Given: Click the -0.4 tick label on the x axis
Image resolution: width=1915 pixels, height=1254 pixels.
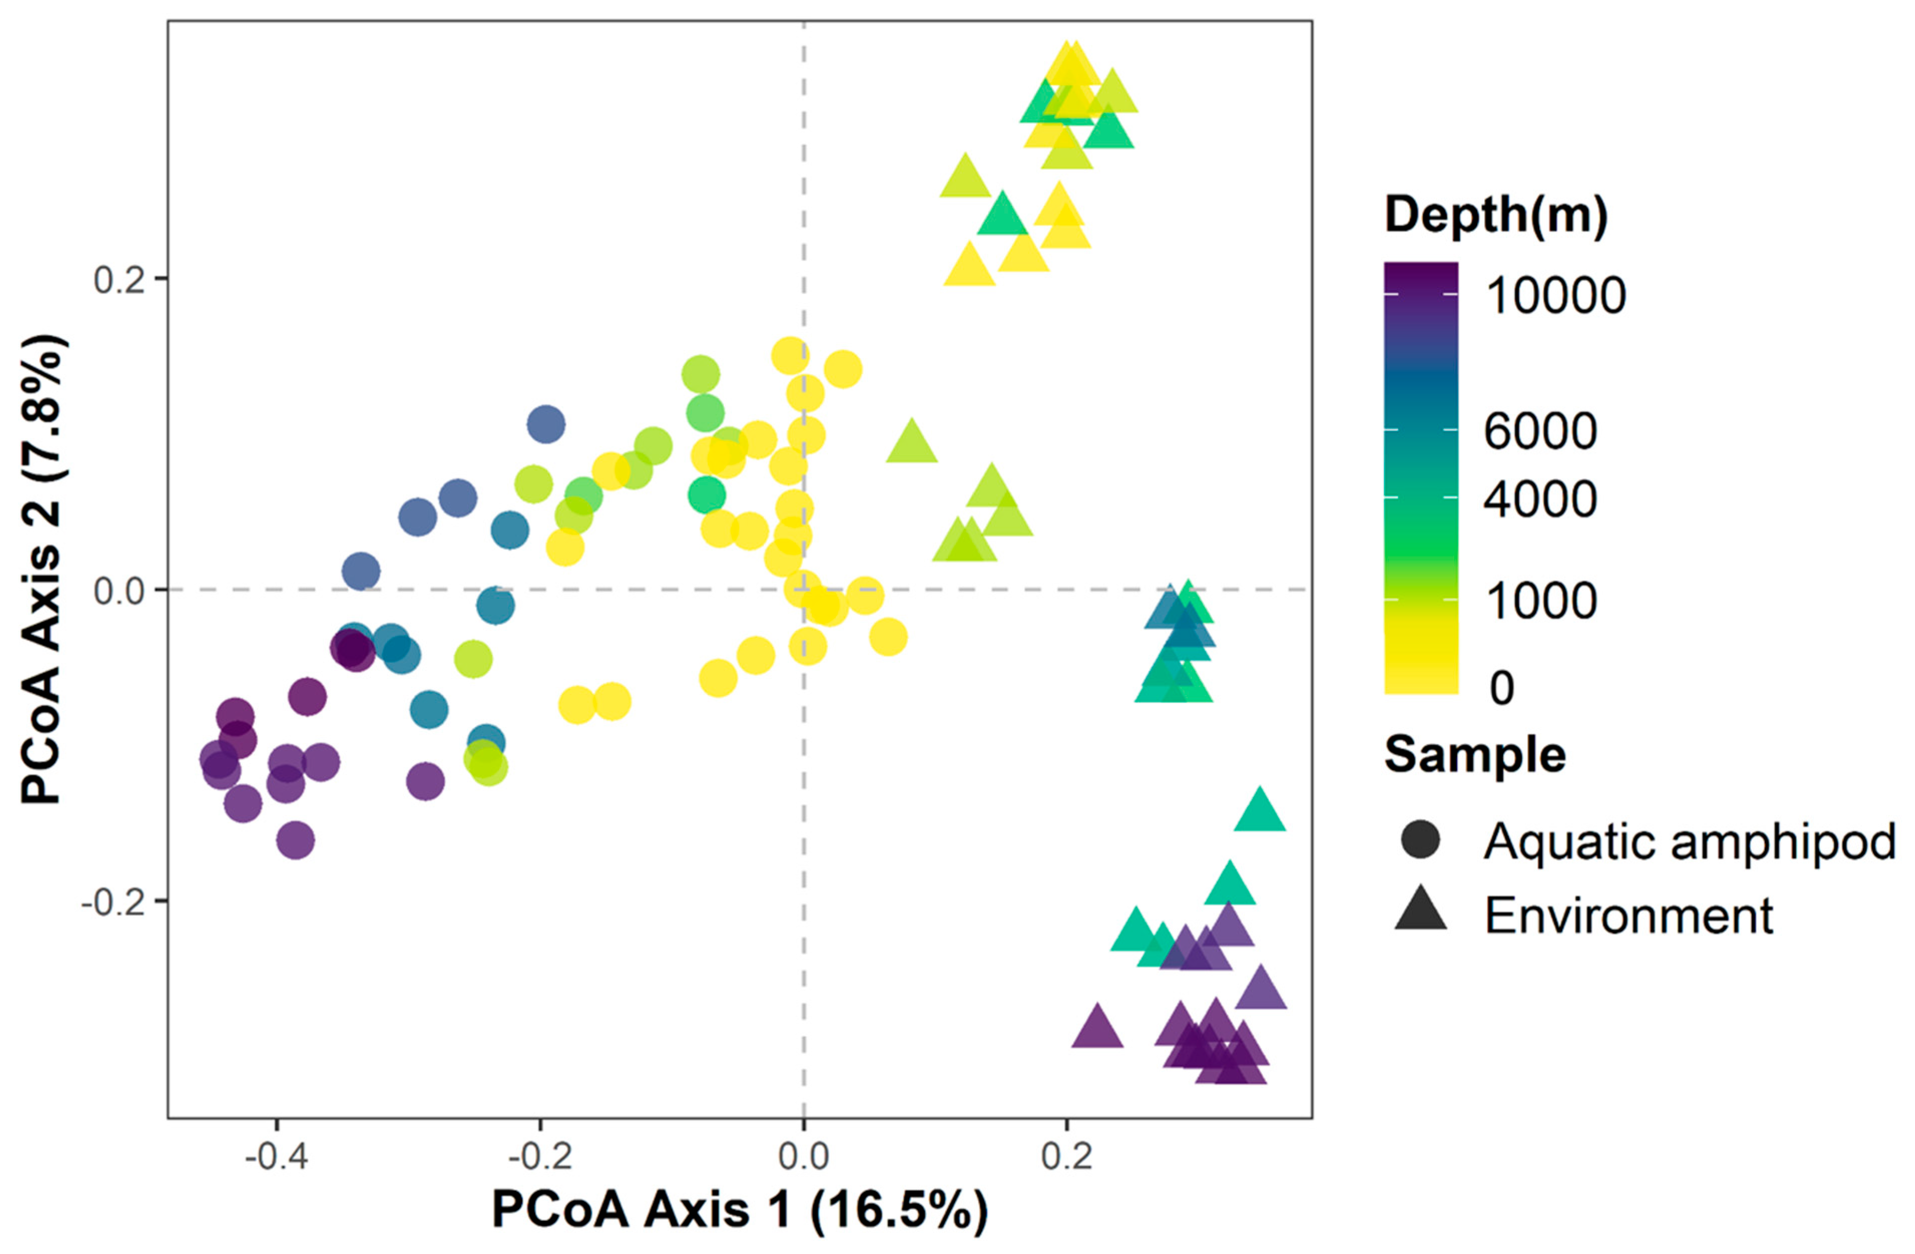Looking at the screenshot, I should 276,1157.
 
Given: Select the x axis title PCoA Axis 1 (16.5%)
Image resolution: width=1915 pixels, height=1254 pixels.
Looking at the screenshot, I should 739,1210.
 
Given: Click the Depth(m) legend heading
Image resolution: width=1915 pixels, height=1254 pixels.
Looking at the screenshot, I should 1496,215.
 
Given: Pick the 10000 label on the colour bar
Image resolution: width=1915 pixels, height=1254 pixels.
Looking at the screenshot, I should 1554,295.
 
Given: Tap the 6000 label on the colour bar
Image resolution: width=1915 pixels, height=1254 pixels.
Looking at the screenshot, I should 1540,432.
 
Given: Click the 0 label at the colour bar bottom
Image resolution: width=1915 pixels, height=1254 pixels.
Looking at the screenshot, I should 1501,688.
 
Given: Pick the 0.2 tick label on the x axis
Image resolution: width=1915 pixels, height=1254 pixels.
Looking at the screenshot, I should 1066,1157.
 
